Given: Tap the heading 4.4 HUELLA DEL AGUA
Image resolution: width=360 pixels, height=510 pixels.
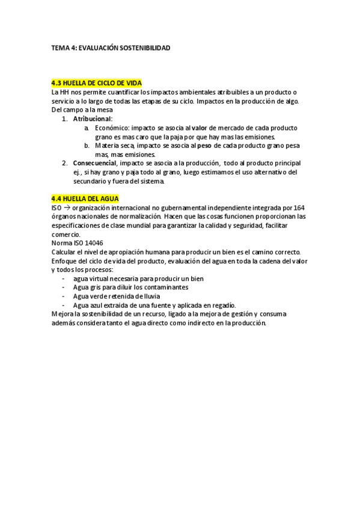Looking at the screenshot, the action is coord(85,198).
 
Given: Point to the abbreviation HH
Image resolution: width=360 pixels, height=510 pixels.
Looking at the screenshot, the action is coord(64,92).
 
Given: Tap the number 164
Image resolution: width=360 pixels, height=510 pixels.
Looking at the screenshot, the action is coord(298,207).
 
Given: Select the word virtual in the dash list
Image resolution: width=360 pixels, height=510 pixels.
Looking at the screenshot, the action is coord(101,278).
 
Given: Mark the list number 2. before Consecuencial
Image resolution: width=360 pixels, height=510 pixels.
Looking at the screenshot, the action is coord(65,163).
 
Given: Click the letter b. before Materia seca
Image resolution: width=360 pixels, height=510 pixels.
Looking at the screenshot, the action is coord(87,146).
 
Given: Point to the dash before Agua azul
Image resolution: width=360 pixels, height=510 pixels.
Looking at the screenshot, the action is coord(64,305).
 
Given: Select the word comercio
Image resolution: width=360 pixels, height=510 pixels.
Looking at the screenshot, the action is coord(67,233).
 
